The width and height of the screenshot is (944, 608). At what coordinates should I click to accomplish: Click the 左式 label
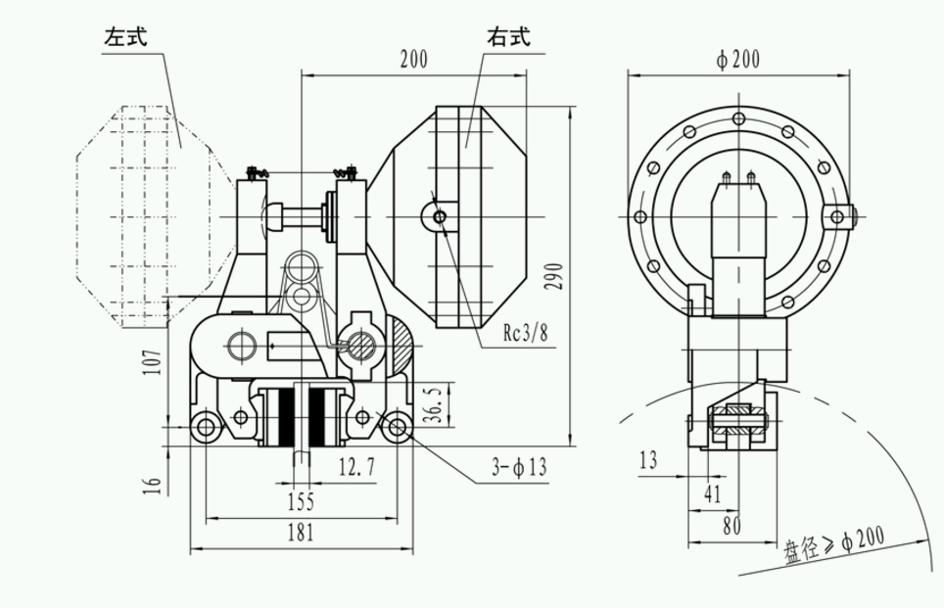click(126, 40)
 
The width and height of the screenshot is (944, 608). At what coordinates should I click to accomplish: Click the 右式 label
click(508, 39)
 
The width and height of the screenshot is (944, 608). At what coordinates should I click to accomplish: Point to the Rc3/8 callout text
click(526, 334)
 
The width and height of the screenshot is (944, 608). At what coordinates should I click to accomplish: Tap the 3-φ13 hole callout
click(519, 469)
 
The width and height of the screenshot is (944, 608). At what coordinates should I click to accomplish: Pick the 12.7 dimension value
click(357, 467)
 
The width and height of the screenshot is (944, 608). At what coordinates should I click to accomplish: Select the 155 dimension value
click(301, 502)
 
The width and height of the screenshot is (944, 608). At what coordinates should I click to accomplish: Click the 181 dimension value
click(301, 534)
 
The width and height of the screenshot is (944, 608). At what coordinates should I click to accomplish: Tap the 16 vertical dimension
click(152, 485)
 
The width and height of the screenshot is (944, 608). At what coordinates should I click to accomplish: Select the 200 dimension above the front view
click(414, 61)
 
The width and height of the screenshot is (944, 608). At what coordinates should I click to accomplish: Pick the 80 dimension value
click(731, 525)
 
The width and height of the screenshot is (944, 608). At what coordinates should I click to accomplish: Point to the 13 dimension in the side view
click(647, 459)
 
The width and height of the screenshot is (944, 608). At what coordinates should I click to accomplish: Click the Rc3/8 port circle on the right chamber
click(440, 214)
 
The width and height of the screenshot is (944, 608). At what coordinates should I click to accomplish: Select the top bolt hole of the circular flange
click(738, 120)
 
